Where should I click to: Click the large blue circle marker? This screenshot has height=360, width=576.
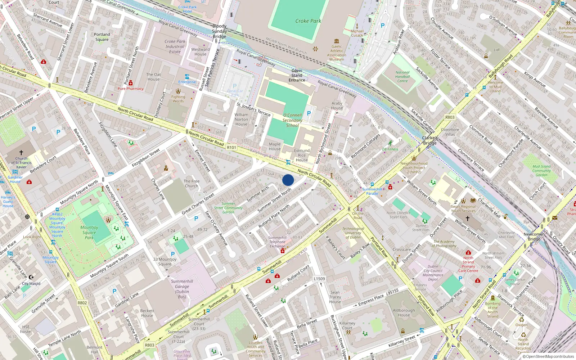point(288,180)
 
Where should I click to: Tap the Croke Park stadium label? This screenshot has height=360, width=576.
point(308,21)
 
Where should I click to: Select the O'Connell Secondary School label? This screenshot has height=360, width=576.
point(292,120)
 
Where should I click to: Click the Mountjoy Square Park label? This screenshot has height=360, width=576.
point(89,232)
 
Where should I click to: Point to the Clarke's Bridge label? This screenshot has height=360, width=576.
point(430,140)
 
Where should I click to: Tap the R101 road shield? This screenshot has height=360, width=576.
point(231,148)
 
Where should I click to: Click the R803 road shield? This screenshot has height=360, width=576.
point(149,345)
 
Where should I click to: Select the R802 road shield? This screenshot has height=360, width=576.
point(82,303)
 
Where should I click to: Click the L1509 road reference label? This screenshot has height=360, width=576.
point(319,279)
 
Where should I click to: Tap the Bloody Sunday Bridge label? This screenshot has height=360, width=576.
point(219,31)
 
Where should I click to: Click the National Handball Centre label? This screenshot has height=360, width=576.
point(402,77)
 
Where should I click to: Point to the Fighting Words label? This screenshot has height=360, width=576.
point(178,99)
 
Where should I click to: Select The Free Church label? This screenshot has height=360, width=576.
point(191,184)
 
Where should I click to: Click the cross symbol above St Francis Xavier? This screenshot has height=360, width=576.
point(21,153)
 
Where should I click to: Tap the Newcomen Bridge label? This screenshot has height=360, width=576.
point(534,237)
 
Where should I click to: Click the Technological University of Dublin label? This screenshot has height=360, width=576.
point(353,233)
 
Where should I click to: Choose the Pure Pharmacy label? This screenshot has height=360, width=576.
point(130,89)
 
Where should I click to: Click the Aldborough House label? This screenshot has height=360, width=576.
point(404,312)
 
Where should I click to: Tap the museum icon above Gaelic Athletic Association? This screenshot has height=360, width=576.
point(337,41)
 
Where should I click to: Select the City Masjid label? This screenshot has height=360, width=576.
point(31,284)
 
